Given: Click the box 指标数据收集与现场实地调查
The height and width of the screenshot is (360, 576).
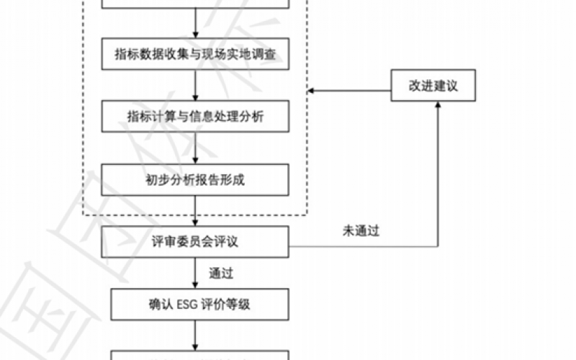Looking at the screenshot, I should pos(196,54).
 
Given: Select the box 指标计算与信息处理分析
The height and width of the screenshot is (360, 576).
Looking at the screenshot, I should pos(196,117).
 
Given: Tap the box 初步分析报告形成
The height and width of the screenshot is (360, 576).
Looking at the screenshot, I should pos(196,180).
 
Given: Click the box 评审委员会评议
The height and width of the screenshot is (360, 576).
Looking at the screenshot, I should pos(196,242).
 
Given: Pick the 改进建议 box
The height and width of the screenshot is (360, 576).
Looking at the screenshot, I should pos(433,86).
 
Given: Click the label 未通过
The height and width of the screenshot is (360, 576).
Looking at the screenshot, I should pos(361,231).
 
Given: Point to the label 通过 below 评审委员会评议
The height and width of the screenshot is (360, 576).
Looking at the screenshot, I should pos(220,273).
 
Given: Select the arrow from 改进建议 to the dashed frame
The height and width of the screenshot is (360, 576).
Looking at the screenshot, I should pos(349,90).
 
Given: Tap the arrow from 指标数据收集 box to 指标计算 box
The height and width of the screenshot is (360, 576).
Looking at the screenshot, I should pos(196,85).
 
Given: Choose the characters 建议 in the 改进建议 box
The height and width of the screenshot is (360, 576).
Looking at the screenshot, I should pos(445,86).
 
